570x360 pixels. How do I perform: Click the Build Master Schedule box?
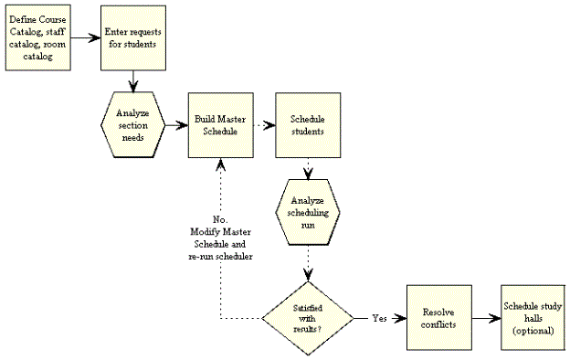click(219, 124)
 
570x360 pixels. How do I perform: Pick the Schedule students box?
click(308, 124)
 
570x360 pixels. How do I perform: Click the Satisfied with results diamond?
click(308, 319)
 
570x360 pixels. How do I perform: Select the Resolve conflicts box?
click(439, 319)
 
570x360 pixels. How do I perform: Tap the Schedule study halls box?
click(533, 318)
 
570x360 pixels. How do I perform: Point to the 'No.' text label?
click(219, 220)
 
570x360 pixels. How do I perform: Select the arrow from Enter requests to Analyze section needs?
click(134, 82)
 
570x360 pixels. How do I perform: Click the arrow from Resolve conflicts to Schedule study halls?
click(486, 319)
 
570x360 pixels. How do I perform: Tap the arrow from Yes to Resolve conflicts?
click(398, 319)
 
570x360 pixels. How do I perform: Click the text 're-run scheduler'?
click(219, 257)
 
